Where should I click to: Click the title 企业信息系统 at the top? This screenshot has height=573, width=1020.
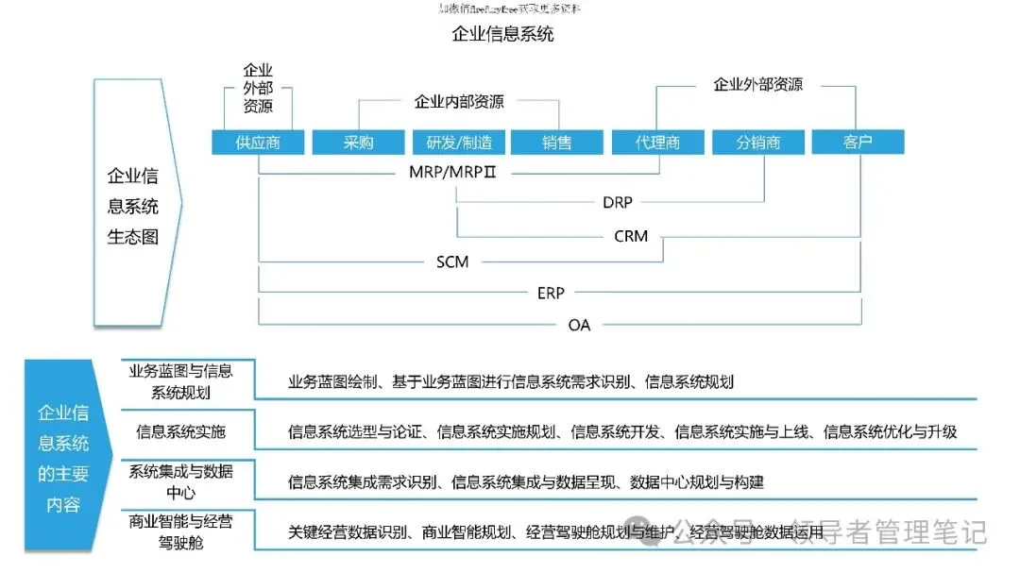tap(502, 35)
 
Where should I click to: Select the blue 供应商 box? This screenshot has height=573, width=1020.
tap(258, 143)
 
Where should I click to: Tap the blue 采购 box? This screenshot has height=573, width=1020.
tap(358, 143)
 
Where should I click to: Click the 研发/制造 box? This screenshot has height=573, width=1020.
tap(459, 143)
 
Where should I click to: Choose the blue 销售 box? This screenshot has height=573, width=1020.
tap(557, 143)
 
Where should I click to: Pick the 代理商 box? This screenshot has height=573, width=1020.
tap(658, 143)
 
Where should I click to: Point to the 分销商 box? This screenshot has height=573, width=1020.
tap(758, 143)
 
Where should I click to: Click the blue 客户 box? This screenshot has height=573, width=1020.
tap(858, 142)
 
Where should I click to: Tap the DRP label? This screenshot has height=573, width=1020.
tap(618, 202)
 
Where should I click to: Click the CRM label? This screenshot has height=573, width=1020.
tap(631, 236)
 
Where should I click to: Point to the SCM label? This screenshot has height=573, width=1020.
tap(452, 261)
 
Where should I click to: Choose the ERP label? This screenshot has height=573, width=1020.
tap(551, 294)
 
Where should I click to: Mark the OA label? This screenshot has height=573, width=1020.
tap(579, 325)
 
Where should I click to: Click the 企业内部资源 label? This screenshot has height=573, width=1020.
tap(459, 101)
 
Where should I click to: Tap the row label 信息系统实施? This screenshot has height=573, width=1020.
tap(180, 431)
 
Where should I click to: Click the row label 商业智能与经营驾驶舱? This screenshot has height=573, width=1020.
tap(180, 531)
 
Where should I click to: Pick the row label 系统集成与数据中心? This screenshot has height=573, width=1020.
tap(180, 481)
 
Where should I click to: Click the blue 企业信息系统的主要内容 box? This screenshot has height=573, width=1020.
tap(63, 458)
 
